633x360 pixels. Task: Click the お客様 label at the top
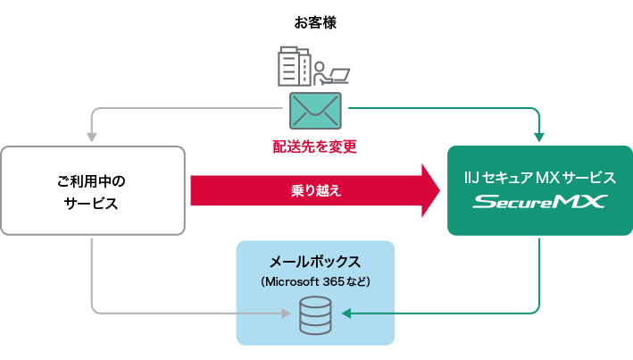click(315, 22)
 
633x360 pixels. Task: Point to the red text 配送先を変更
click(315, 146)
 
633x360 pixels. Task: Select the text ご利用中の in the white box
click(92, 181)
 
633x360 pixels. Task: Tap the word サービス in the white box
click(92, 204)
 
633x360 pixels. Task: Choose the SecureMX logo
click(539, 202)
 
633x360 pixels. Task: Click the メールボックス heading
click(315, 263)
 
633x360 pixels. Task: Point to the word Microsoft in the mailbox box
click(291, 282)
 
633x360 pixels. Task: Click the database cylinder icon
click(315, 315)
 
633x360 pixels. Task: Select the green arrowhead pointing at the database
click(348, 314)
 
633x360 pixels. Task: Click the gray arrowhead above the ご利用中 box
click(91, 135)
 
